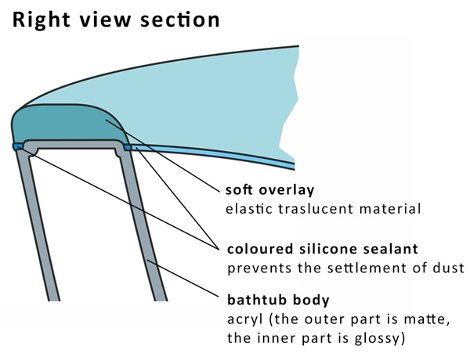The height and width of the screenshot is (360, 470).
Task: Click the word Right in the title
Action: [x=42, y=20]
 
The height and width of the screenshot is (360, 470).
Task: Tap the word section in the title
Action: [x=180, y=20]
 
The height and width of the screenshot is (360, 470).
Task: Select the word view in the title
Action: [x=106, y=20]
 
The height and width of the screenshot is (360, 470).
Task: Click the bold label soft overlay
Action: [x=269, y=189]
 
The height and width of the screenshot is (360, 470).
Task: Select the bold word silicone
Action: [x=327, y=249]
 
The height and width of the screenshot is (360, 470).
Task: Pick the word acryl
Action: [x=245, y=320]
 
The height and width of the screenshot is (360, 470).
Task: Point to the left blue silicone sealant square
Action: [x=18, y=146]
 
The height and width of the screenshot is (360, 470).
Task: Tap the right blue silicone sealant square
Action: [x=128, y=147]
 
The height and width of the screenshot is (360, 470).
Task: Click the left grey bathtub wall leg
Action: [x=38, y=225]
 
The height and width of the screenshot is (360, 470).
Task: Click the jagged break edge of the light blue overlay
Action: [x=289, y=105]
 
